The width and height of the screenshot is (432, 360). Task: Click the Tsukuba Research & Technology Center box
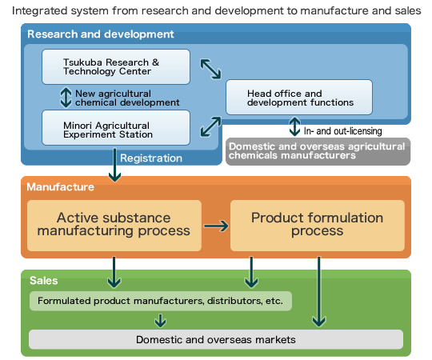(116, 66)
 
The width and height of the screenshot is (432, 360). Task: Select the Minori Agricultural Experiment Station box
(116, 127)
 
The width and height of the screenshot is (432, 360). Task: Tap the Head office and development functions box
(299, 98)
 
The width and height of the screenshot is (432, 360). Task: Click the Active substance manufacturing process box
(114, 226)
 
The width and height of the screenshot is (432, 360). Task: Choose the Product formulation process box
(318, 226)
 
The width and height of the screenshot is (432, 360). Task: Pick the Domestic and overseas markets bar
(216, 339)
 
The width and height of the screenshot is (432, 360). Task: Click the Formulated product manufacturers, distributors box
(160, 301)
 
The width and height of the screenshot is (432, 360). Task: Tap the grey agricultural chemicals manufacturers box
(318, 151)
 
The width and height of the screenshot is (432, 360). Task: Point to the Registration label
(151, 158)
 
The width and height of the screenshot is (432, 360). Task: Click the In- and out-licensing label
(342, 131)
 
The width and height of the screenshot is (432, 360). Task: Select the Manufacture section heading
(60, 186)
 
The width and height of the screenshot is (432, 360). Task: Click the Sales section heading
(43, 280)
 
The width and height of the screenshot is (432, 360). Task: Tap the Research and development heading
(101, 34)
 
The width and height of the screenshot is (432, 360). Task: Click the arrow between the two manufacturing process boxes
(216, 226)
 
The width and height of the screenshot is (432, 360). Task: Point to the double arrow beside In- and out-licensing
(294, 126)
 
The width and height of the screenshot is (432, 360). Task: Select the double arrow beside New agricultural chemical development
(66, 98)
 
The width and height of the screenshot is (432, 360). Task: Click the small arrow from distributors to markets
(160, 320)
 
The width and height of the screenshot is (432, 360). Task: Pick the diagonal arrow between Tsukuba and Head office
(210, 69)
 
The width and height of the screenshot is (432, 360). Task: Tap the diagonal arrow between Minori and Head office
(210, 126)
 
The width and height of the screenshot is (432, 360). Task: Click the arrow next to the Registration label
(114, 165)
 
